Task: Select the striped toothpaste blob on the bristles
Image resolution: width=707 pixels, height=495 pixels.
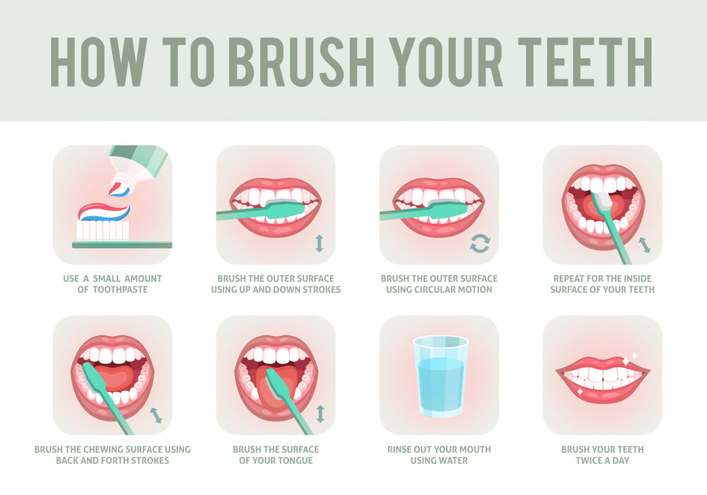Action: tap(105, 211)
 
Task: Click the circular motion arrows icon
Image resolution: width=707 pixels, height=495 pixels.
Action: tap(480, 244)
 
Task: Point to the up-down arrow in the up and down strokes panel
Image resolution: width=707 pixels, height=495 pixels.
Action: tap(319, 243)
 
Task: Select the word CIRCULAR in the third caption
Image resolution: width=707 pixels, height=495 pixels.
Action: tap(429, 289)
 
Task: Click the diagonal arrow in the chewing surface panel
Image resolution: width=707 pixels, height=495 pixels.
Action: tap(156, 414)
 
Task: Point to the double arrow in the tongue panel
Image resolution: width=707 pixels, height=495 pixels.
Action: tap(320, 414)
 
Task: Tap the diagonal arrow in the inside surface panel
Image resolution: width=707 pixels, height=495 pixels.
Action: tap(645, 245)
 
